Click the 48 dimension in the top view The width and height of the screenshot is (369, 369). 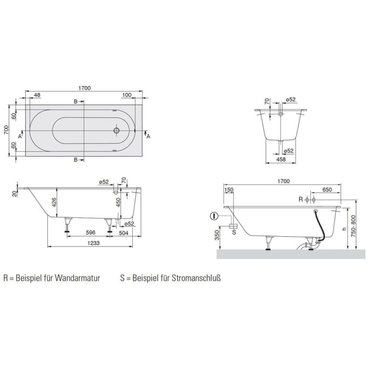click(37, 95)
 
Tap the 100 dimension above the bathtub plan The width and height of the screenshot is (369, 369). click(127, 95)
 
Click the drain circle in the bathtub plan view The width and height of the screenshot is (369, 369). click(117, 129)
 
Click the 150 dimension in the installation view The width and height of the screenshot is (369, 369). click(228, 190)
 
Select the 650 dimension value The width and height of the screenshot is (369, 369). click(327, 190)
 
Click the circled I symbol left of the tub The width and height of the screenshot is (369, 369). click(214, 215)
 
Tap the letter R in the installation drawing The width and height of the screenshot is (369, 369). click(300, 200)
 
